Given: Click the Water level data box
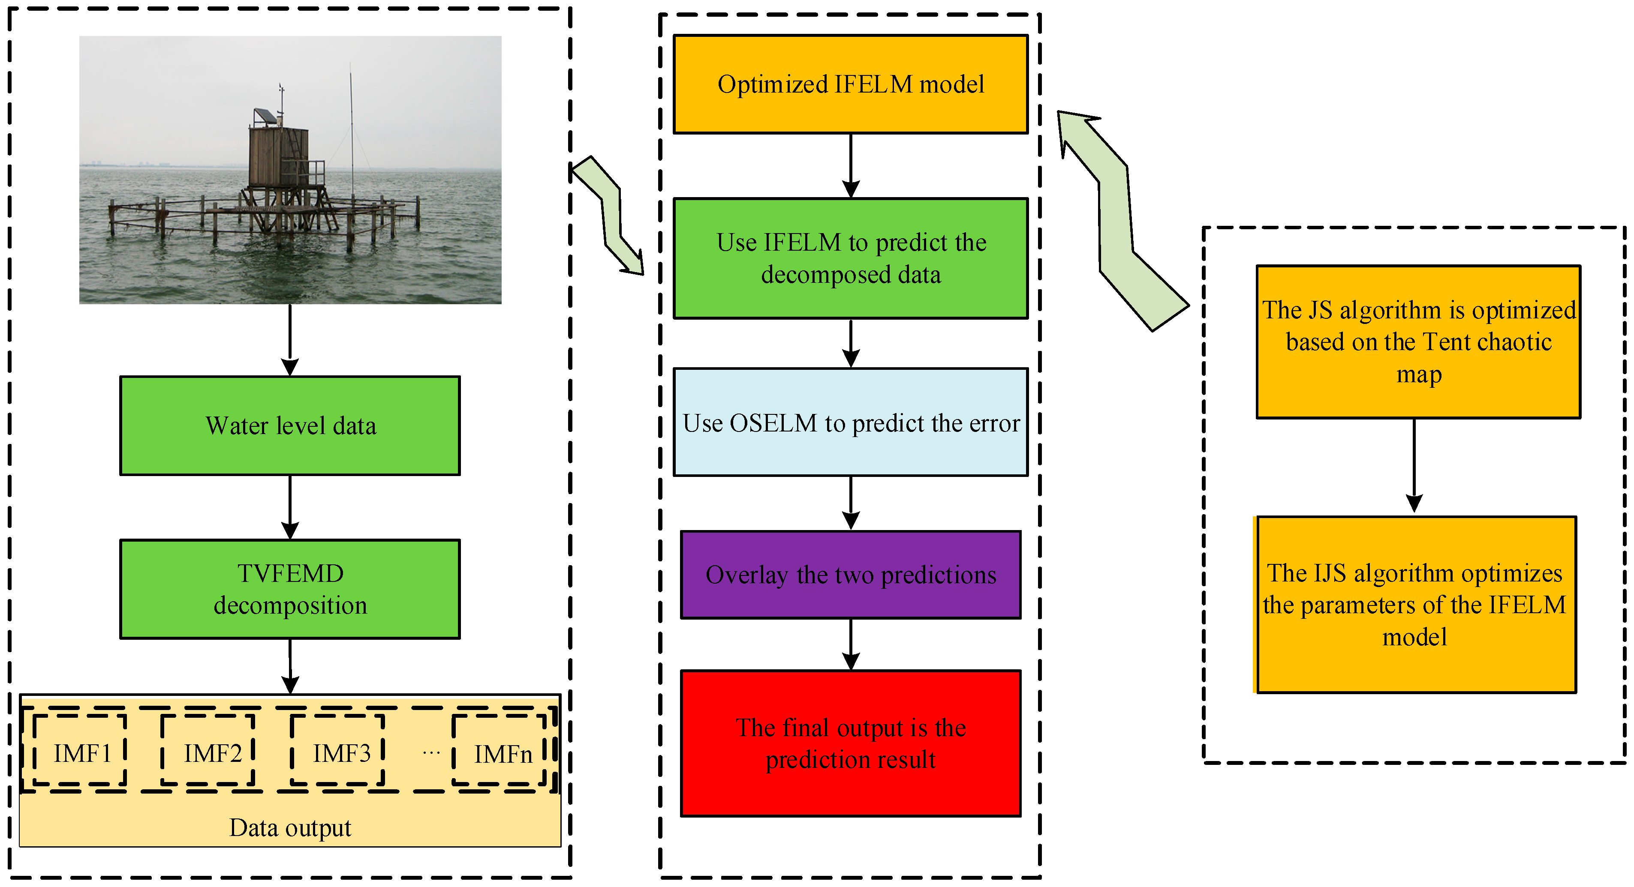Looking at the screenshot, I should click(290, 426).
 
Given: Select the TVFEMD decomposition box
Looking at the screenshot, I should click(290, 589).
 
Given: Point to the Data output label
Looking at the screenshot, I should click(290, 827).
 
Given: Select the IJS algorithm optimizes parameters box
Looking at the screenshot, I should click(1416, 604).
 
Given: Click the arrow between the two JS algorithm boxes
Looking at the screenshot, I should click(1414, 466).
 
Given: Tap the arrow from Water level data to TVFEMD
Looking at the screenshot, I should click(290, 507).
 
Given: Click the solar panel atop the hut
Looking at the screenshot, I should click(265, 117).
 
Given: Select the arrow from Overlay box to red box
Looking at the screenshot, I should click(851, 644).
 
